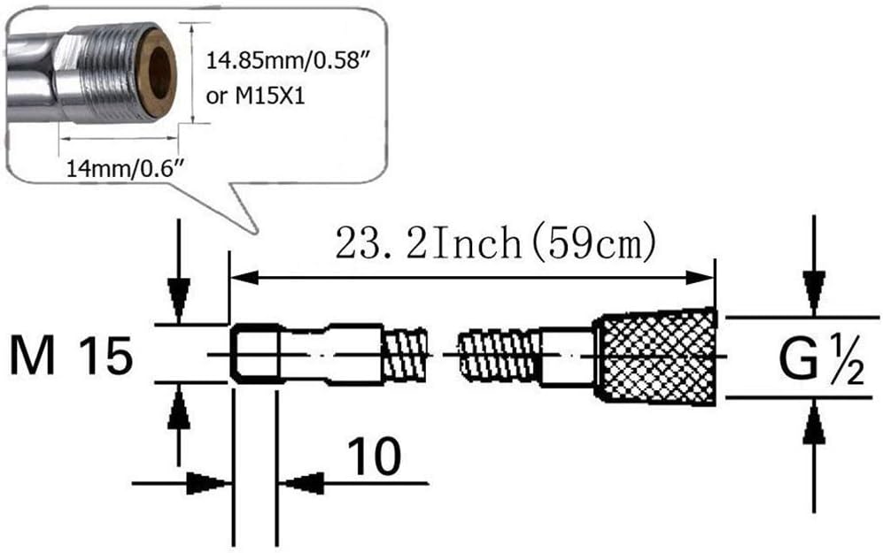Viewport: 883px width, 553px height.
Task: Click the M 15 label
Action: coord(72,356)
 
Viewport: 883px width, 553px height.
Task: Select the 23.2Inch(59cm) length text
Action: coord(496,243)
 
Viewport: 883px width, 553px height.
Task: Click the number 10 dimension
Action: coord(375,456)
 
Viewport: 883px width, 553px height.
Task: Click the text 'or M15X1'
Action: coord(255,96)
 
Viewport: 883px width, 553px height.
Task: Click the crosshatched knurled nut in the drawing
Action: coord(656,357)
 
